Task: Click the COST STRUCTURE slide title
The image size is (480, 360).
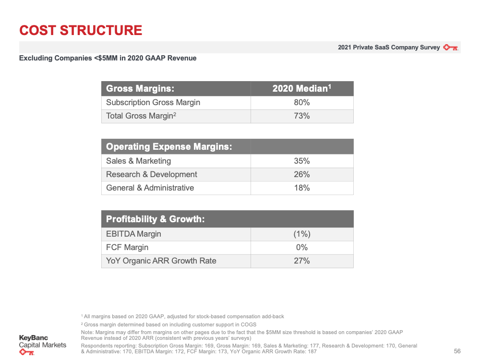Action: [81, 30]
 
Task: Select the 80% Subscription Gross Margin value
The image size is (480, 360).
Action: [302, 103]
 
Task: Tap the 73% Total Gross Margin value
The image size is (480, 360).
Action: [302, 116]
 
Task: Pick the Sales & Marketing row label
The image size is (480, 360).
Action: [138, 161]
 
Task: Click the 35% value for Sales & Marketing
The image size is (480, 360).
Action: [302, 161]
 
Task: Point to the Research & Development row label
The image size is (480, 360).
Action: [152, 175]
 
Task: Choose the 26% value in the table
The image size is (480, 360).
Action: [302, 175]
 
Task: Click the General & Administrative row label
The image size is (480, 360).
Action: [150, 188]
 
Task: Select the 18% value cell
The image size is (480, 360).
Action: [302, 188]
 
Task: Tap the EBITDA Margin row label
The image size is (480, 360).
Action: [133, 234]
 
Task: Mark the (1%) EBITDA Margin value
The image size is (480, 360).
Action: [302, 234]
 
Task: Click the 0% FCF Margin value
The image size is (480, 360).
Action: [302, 247]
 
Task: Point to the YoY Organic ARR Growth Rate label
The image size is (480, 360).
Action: [161, 261]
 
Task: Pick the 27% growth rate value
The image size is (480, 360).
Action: [302, 261]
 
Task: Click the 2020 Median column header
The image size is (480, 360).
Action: [302, 88]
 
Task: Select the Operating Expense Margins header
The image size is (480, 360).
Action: [169, 146]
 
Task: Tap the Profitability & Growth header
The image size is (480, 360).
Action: [155, 219]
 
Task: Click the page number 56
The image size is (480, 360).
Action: [457, 351]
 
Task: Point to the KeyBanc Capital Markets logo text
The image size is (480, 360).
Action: [43, 341]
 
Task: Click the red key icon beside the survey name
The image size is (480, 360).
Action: [451, 48]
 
